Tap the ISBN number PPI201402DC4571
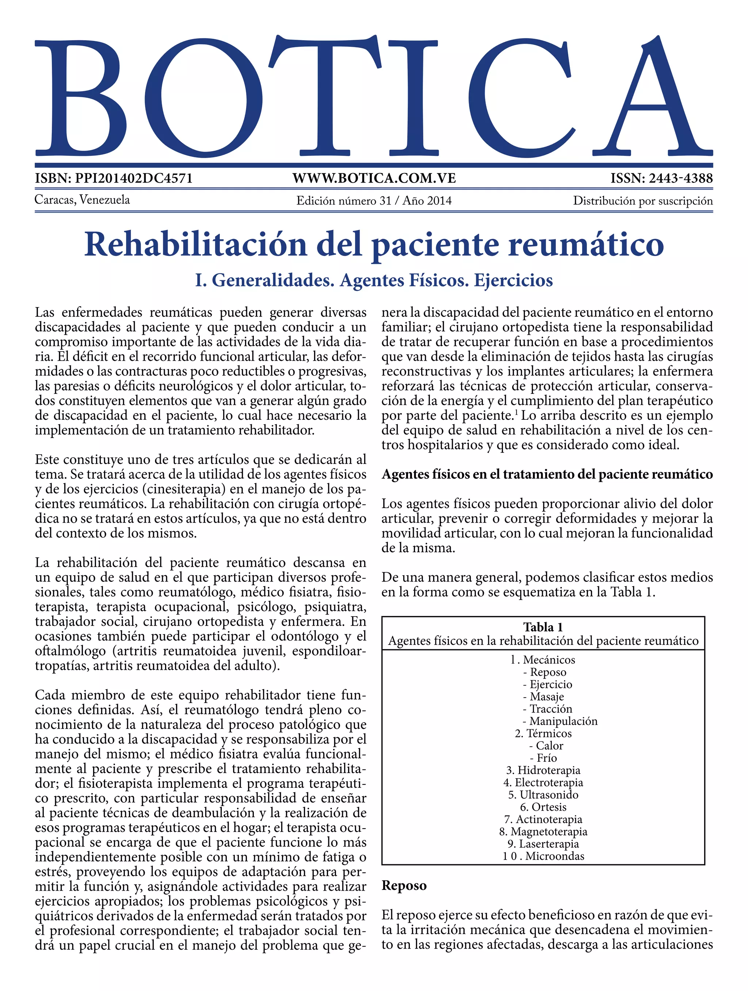coord(134,178)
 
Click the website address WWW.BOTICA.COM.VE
coord(374,178)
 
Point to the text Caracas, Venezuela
coord(83,200)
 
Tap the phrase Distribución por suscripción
coord(643,201)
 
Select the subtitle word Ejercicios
coord(513,280)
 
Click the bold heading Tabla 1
coord(543,627)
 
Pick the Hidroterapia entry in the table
coord(543,770)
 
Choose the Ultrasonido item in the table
coord(543,795)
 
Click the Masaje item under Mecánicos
coord(543,697)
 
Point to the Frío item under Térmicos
coord(546,758)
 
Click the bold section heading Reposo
coord(404,886)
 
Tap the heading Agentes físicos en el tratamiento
coord(547,474)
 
